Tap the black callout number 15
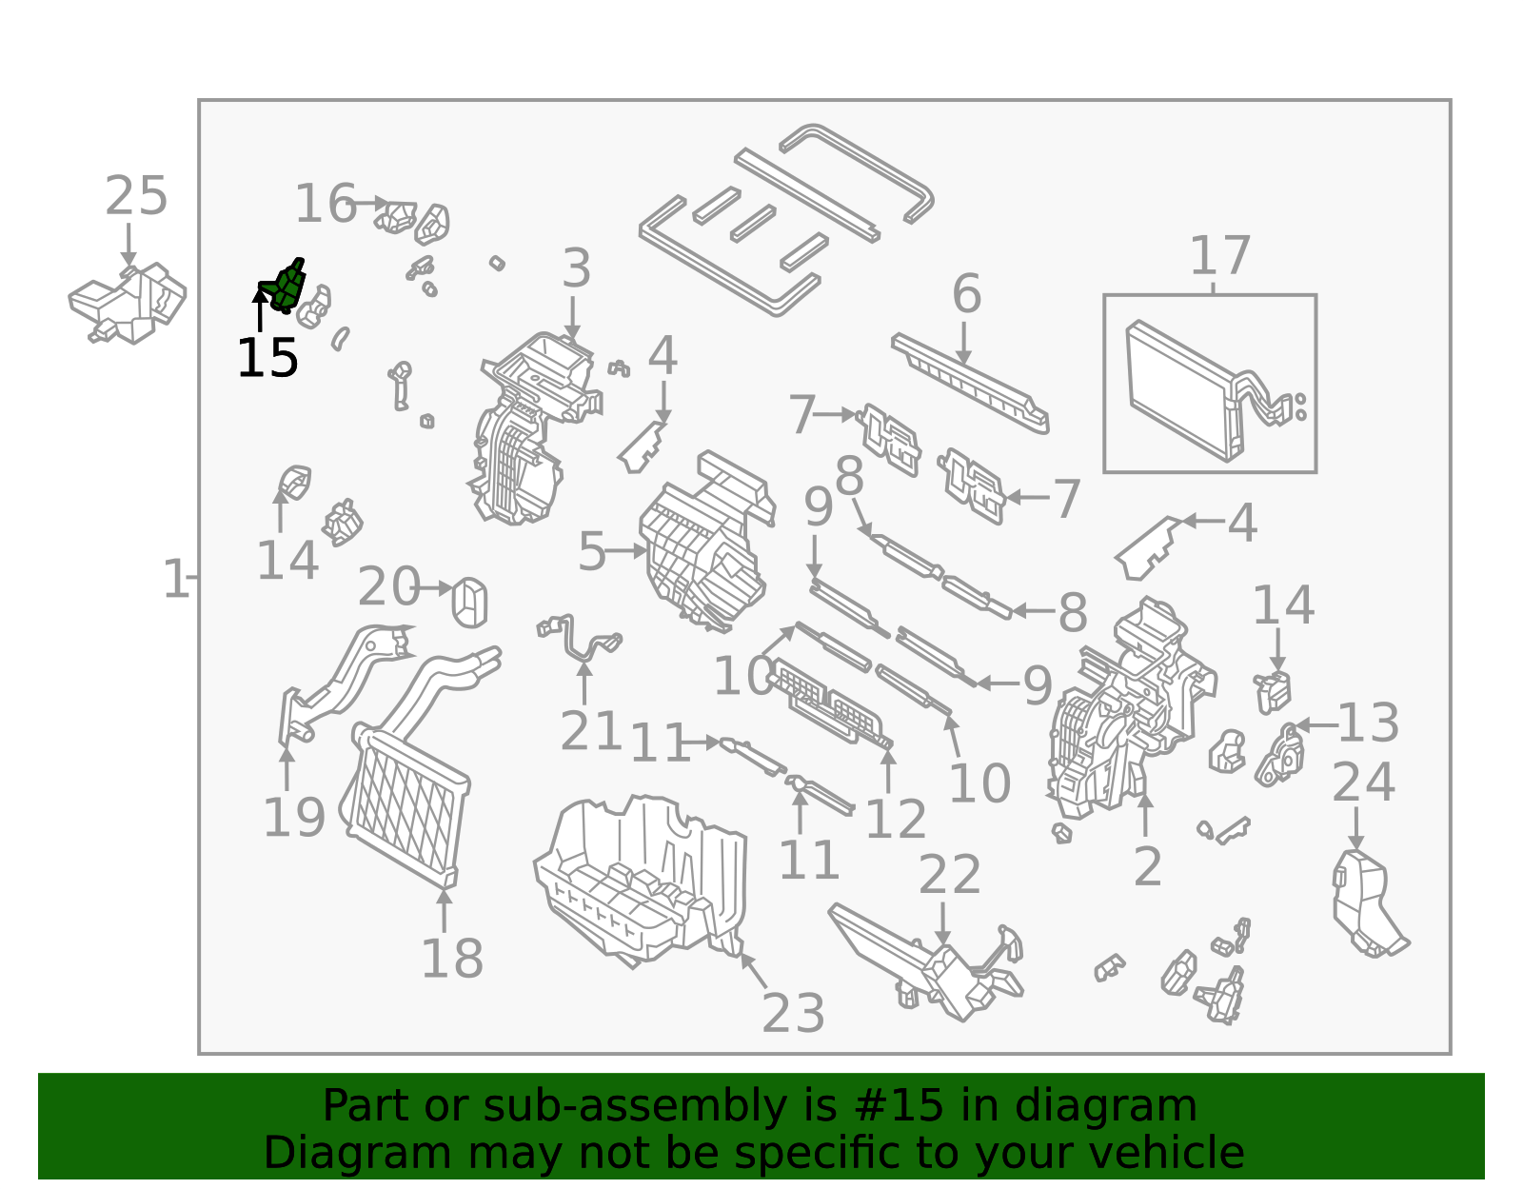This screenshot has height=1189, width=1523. pyautogui.click(x=267, y=359)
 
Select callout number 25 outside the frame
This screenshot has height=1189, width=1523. pyautogui.click(x=136, y=196)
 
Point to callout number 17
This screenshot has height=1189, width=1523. pyautogui.click(x=1220, y=256)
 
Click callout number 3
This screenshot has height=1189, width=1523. pyautogui.click(x=576, y=268)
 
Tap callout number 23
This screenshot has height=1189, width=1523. pyautogui.click(x=793, y=1013)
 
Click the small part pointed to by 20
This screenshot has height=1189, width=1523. pyautogui.click(x=469, y=603)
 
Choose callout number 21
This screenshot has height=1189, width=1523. pyautogui.click(x=591, y=731)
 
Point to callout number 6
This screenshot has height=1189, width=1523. pyautogui.click(x=966, y=293)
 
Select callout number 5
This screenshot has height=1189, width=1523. pyautogui.click(x=591, y=552)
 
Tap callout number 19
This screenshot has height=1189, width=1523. pyautogui.click(x=294, y=818)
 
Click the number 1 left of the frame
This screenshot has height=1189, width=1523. pyautogui.click(x=175, y=579)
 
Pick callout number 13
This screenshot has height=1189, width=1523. pyautogui.click(x=1368, y=723)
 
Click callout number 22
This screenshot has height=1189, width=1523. pyautogui.click(x=949, y=875)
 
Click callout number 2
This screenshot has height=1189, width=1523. pyautogui.click(x=1147, y=867)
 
